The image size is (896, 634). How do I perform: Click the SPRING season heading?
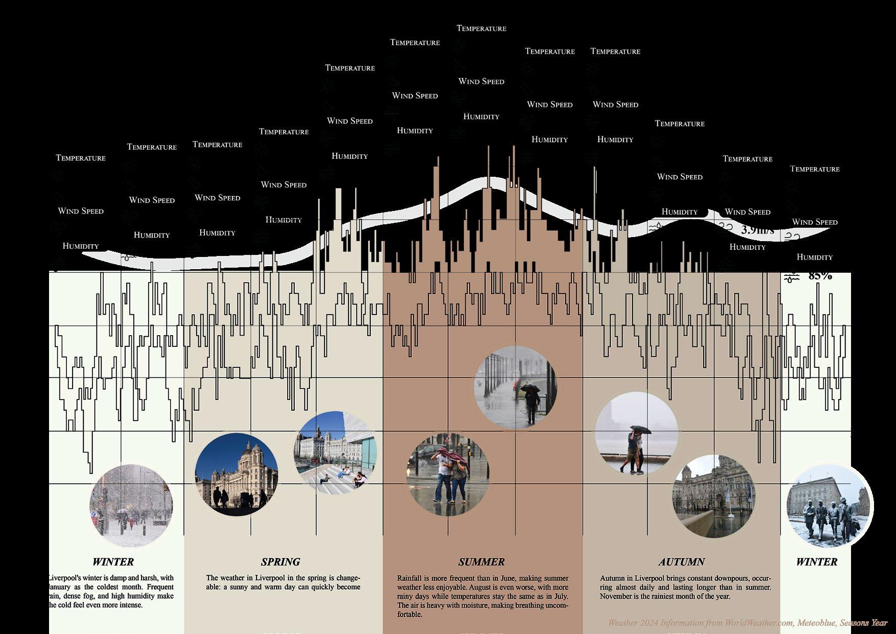click(x=280, y=562)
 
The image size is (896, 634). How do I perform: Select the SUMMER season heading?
click(x=481, y=562)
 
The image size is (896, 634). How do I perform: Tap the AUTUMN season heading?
click(x=681, y=562)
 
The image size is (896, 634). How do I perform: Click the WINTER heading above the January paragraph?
click(x=113, y=562)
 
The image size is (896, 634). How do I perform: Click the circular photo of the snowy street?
click(x=131, y=506)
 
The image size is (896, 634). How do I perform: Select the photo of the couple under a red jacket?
click(x=448, y=475)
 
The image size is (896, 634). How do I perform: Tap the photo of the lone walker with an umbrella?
click(x=516, y=387)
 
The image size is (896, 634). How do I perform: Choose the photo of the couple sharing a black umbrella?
click(x=636, y=433)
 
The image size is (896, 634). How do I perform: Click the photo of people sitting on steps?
click(x=336, y=453)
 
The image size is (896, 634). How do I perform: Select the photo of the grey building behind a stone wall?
click(x=714, y=496)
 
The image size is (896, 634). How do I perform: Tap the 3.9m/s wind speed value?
click(x=757, y=230)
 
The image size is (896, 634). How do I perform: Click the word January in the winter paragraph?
click(x=60, y=587)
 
